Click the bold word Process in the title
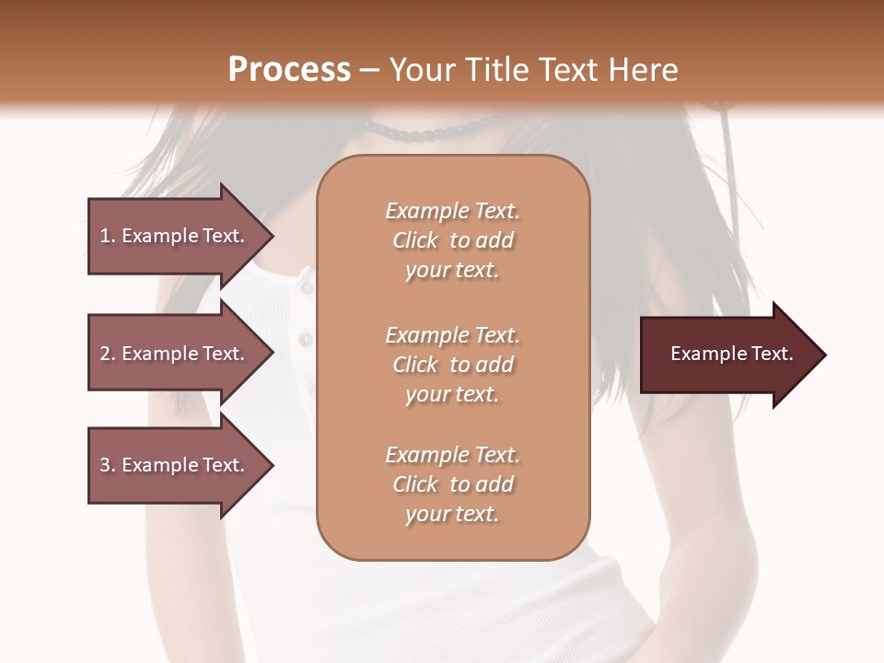point(289,70)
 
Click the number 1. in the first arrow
point(108,236)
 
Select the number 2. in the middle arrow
point(108,354)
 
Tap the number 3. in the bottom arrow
point(108,465)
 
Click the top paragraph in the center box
point(453,240)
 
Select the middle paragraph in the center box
point(453,364)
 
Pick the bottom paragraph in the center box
point(453,484)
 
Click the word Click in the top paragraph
point(415,240)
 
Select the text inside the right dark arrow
point(732,355)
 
